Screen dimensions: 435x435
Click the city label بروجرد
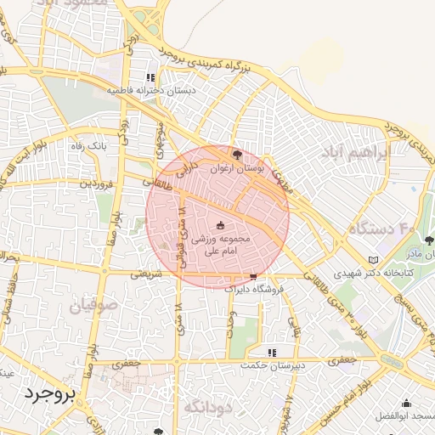pos(49,393)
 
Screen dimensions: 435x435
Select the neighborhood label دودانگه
pos(207,408)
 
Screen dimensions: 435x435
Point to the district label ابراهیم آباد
pos(353,152)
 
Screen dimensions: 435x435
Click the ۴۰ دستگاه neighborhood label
pos(381,228)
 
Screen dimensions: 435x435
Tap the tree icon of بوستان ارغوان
pos(237,155)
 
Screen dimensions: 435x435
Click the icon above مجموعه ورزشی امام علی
pos(222,225)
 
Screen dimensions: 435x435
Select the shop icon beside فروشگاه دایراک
pos(253,277)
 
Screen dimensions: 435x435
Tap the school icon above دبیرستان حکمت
pos(272,352)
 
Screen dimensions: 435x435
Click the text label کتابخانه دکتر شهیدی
pos(372,274)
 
